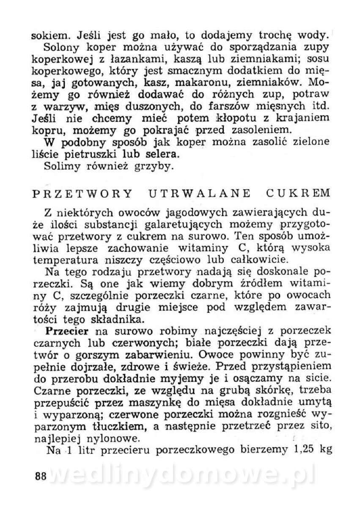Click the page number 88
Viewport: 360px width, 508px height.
(40, 475)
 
